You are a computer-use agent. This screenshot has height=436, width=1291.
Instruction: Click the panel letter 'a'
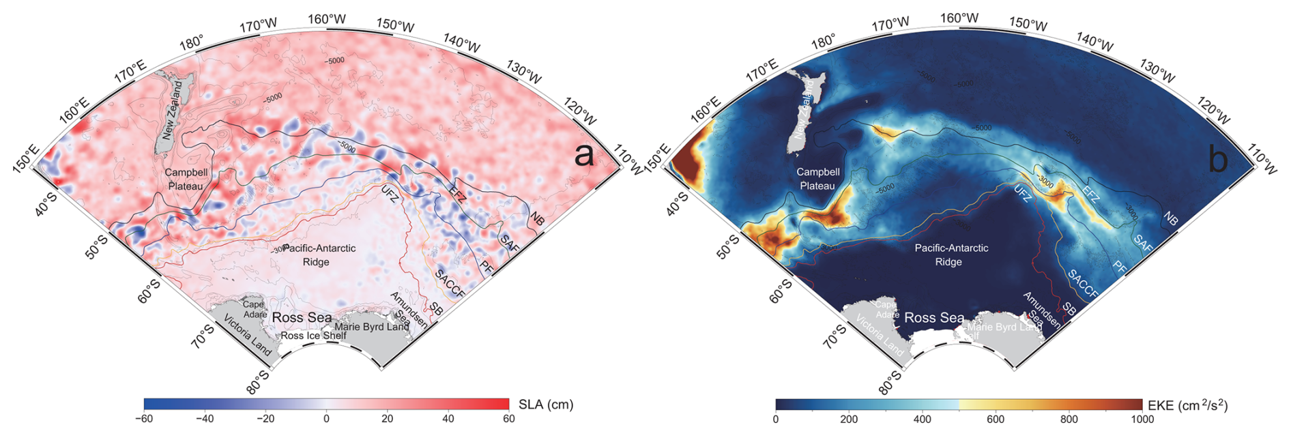tap(584, 156)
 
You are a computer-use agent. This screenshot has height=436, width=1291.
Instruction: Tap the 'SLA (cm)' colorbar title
tap(546, 404)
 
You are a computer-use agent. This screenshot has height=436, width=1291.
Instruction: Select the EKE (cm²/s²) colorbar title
tap(1187, 406)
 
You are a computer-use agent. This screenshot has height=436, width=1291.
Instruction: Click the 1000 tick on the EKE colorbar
tap(1141, 419)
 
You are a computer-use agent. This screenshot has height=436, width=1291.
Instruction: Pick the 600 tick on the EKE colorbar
tap(996, 419)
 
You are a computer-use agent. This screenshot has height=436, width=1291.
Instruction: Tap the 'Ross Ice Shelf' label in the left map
tap(314, 336)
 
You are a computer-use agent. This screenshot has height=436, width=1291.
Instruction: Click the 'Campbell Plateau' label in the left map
tap(186, 179)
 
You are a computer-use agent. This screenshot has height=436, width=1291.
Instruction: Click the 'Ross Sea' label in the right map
tap(934, 318)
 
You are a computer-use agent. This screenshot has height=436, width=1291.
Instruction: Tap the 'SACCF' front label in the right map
tap(1083, 285)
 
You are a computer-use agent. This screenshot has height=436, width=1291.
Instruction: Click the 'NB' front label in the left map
tap(538, 220)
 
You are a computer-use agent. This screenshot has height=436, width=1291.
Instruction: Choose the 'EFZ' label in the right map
tap(1090, 197)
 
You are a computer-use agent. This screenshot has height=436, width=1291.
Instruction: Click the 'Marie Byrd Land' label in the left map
tap(372, 327)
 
